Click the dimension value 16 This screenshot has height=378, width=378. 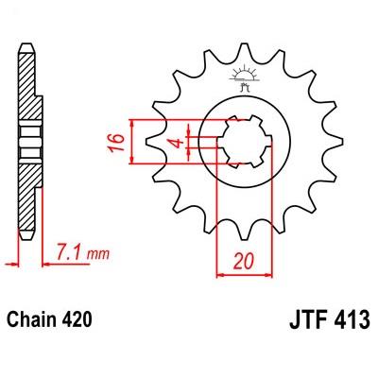pos(115,143)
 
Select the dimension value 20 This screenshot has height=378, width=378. pos(243,261)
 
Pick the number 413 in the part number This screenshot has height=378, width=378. pos(351,319)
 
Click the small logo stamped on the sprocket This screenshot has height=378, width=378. pos(244,78)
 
